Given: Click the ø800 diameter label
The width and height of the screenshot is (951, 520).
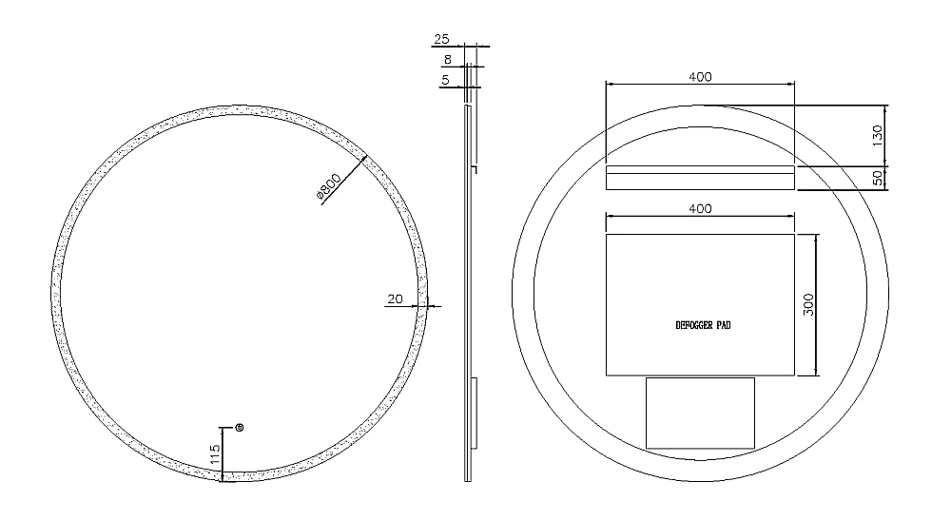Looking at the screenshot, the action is coord(329,185).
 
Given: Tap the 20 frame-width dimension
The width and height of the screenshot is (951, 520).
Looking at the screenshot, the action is coord(395,299).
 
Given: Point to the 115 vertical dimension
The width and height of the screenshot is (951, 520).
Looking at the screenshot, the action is coord(215,454).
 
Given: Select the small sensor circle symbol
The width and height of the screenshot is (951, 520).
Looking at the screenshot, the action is coord(239,428).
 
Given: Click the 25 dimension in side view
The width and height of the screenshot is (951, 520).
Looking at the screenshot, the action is coord(441,39).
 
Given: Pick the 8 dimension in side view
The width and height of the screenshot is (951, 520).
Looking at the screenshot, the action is coord(448,59).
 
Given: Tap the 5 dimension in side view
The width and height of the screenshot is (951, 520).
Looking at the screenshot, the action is coord(446,80).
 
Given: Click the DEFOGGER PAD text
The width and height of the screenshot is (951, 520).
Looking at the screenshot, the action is coord(703,325).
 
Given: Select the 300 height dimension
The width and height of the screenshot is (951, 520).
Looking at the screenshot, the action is coord(808,304).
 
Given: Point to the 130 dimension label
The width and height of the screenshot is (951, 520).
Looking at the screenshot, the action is coord(877,136).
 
